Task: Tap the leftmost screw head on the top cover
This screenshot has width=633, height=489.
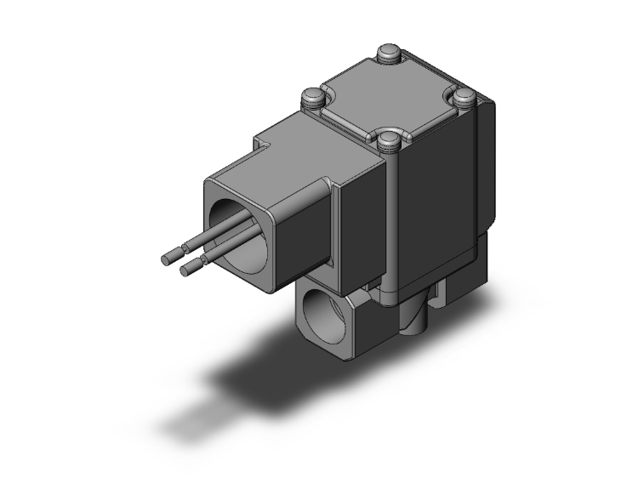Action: (312, 98)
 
